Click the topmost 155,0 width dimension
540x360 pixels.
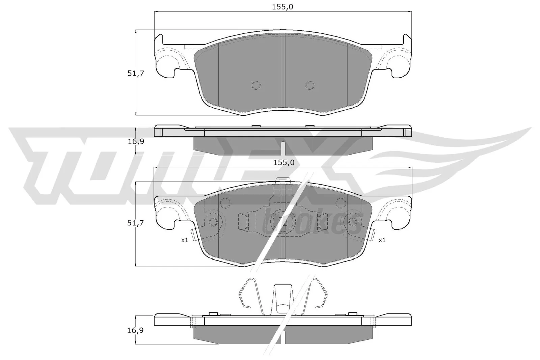283,6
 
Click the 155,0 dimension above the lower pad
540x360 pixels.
283,163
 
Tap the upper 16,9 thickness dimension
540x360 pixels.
136,141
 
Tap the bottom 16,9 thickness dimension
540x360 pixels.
136,330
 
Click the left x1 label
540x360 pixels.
184,240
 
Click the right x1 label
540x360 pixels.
382,240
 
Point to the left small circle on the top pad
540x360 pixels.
256,85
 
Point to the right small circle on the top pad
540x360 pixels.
309,85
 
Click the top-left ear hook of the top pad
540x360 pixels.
159,39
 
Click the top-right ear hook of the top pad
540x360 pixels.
407,39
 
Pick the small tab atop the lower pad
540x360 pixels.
283,181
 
